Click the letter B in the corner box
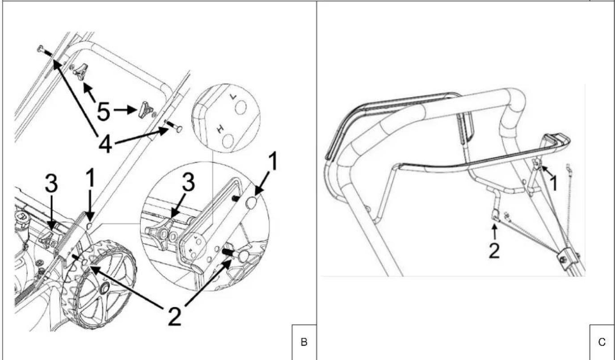[304, 342]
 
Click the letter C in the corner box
[602, 342]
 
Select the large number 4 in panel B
[105, 144]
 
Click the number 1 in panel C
[554, 183]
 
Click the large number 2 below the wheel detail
[175, 316]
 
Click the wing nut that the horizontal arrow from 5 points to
[146, 110]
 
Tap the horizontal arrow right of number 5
[125, 110]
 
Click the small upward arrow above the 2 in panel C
[495, 231]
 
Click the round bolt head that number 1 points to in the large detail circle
[251, 203]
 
